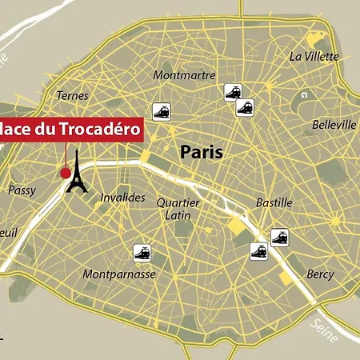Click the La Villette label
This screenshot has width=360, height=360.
pos(314,56)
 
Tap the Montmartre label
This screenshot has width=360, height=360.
pos(184,75)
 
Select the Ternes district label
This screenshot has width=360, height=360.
pos(72,96)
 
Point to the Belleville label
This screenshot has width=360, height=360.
pos(334,125)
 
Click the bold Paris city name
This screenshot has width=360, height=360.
pos(201,151)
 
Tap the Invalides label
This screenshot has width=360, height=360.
pos(123,197)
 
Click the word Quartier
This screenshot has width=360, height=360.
pos(178,202)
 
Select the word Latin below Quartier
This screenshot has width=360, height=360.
pos(177,214)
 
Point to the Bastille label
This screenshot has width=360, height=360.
pos(274,203)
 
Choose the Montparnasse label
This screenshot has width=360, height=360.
pos(119,274)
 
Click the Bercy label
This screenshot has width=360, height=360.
pos(320,274)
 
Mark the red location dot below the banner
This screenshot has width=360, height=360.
pos(65,172)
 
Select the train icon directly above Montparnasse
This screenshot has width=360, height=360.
pos(143,253)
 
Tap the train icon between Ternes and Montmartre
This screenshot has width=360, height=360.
pos(162,111)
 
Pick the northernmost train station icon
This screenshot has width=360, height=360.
pos(233,92)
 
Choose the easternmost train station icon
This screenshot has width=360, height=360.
pos(279,237)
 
